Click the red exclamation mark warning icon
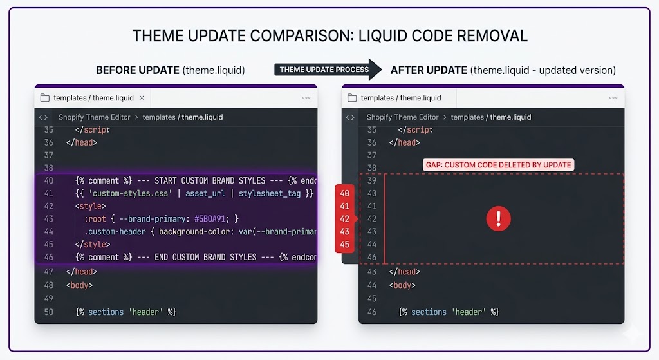click(498, 219)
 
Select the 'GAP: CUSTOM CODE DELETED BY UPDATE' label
click(498, 165)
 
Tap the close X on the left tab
click(142, 98)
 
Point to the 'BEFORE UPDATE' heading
click(138, 70)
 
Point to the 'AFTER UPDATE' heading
click(429, 70)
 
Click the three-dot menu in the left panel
click(306, 98)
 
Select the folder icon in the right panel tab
click(351, 98)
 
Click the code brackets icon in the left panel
click(43, 117)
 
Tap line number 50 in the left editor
click(49, 312)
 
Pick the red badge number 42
click(345, 219)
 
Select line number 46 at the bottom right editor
click(371, 312)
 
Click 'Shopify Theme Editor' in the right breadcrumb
click(402, 117)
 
